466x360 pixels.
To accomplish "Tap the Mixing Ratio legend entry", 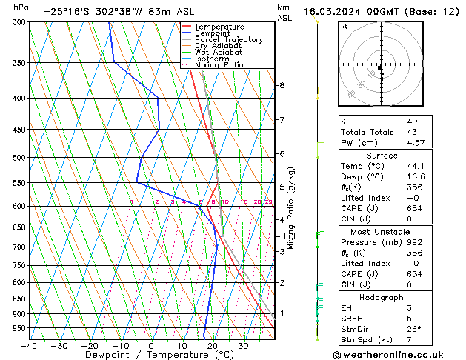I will tap(219, 65).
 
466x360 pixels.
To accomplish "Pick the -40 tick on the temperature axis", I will tap(29, 346).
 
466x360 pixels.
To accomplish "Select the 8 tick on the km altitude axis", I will tap(282, 86).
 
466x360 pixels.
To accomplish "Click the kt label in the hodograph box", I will tap(344, 27).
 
